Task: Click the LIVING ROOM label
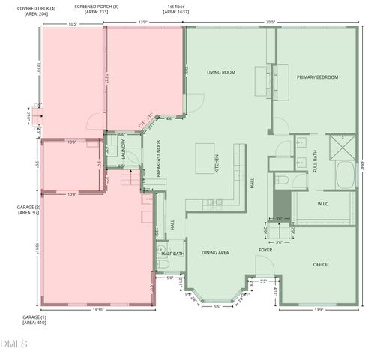[x=221, y=73]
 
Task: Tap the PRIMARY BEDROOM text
[x=316, y=77]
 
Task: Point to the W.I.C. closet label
[x=324, y=203]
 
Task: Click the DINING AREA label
[x=215, y=253]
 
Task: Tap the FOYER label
[x=265, y=250]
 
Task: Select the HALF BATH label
[x=173, y=254]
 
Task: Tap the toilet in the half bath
[x=160, y=251]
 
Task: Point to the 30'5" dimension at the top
[x=270, y=22]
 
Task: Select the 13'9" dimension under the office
[x=319, y=310]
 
